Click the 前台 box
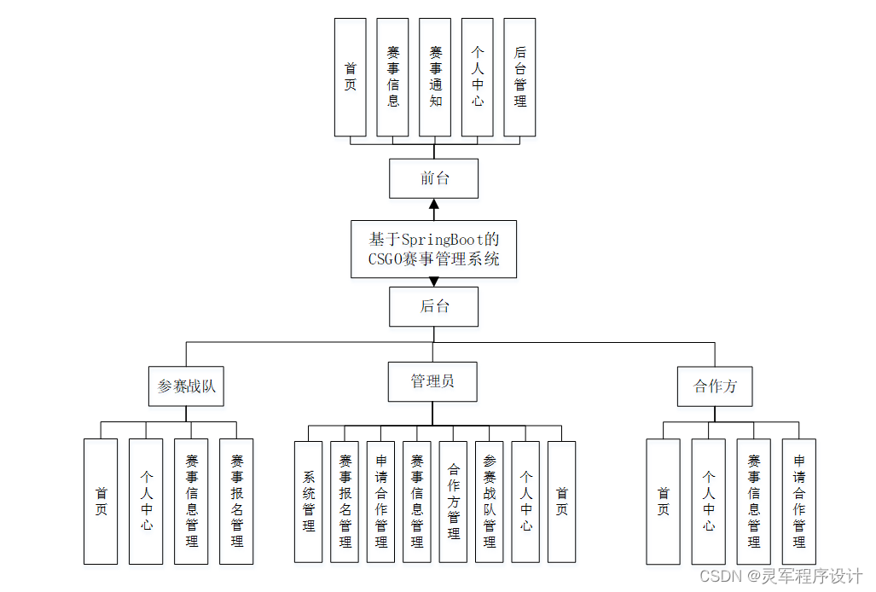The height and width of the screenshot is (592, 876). coord(433,178)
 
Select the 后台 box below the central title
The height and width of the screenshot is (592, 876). coord(433,306)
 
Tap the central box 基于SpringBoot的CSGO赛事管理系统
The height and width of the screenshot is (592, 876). coord(433,249)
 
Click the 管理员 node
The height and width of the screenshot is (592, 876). coord(432,381)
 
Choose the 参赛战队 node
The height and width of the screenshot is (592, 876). coord(187,386)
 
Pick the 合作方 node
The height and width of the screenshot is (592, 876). coord(715,386)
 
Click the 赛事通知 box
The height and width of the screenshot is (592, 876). coord(435,78)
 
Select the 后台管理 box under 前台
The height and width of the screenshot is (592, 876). coord(519,78)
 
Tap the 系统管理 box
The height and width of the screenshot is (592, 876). coord(308,502)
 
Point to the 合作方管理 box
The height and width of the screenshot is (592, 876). coord(453,502)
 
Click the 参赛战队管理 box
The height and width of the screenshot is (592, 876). coord(489,502)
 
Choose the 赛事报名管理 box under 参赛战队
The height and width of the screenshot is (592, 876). coord(236,502)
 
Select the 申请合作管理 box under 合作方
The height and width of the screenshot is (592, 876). coord(798,502)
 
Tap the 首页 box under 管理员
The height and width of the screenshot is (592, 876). coord(561,502)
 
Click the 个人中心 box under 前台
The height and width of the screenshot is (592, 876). coord(477,78)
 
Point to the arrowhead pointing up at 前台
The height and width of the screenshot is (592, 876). coord(433,204)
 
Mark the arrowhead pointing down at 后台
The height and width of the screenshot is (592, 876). coord(433,281)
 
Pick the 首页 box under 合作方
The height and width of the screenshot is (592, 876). coord(663,502)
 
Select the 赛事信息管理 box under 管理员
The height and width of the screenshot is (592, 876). coord(416,502)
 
